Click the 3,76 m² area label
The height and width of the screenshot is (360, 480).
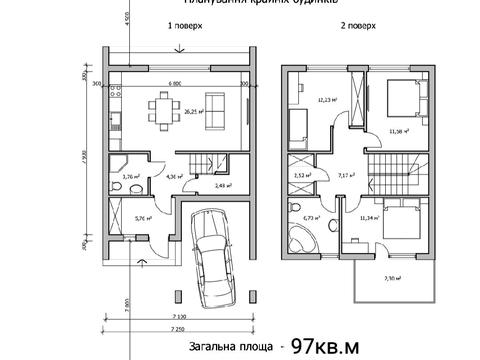pos(129,177)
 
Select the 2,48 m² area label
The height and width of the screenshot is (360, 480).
pos(223,185)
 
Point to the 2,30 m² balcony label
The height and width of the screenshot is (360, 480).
pos(392,279)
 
